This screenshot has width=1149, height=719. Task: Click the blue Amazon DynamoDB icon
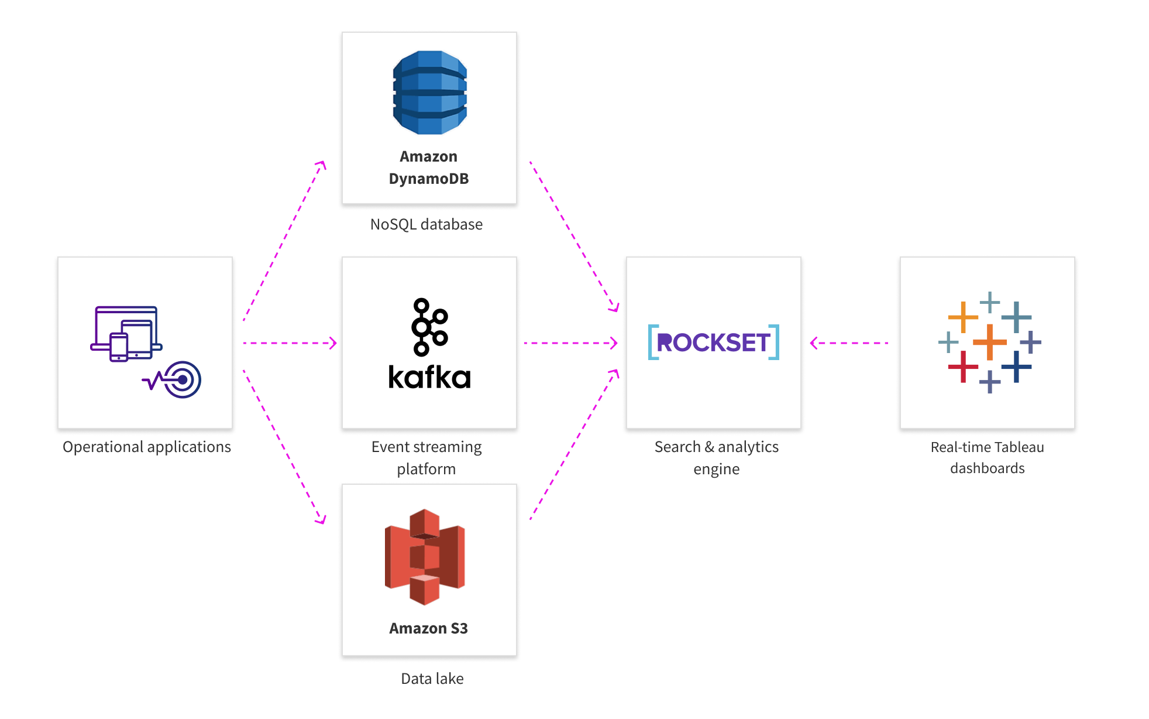429,93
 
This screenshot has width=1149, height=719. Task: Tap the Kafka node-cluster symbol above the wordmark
429,327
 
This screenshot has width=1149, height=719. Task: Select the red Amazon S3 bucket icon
425,557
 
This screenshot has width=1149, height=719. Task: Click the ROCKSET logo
713,342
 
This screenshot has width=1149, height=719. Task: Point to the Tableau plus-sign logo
989,343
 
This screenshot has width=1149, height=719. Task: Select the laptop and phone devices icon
126,333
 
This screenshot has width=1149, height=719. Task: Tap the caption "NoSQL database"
426,224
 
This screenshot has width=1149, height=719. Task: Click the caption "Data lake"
432,679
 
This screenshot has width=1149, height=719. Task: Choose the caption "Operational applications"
147,447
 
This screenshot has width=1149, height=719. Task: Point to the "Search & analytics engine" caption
716,458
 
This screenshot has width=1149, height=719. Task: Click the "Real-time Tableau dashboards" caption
987,458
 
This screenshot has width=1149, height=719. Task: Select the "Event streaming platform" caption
426,458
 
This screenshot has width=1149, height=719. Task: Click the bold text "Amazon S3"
428,628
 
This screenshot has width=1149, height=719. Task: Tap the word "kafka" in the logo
429,377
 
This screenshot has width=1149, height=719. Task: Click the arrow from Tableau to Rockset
849,343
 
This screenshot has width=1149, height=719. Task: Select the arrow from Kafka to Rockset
570,343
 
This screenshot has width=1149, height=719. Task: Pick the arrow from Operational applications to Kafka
290,343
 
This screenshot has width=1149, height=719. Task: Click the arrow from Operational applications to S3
284,446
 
